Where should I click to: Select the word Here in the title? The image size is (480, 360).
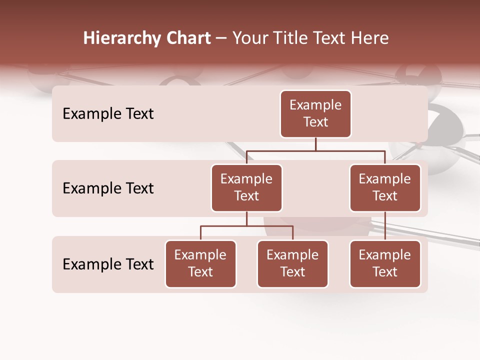[x=369, y=38]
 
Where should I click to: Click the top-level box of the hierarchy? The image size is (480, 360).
[x=315, y=113]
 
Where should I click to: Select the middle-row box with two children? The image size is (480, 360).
[x=246, y=187]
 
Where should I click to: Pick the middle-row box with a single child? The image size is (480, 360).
[x=385, y=187]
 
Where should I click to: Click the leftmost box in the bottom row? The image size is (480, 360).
[x=200, y=263]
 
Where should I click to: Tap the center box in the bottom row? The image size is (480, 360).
[x=292, y=263]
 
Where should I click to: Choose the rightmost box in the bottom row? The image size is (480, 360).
[x=385, y=263]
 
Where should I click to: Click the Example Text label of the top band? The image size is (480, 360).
[x=108, y=113]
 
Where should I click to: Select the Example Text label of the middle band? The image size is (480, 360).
[x=108, y=188]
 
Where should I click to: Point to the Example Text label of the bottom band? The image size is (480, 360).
[x=108, y=264]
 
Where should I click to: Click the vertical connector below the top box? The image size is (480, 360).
[x=315, y=144]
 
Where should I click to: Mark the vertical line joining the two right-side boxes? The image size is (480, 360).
[x=385, y=226]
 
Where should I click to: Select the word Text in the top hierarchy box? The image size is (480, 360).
[x=315, y=122]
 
